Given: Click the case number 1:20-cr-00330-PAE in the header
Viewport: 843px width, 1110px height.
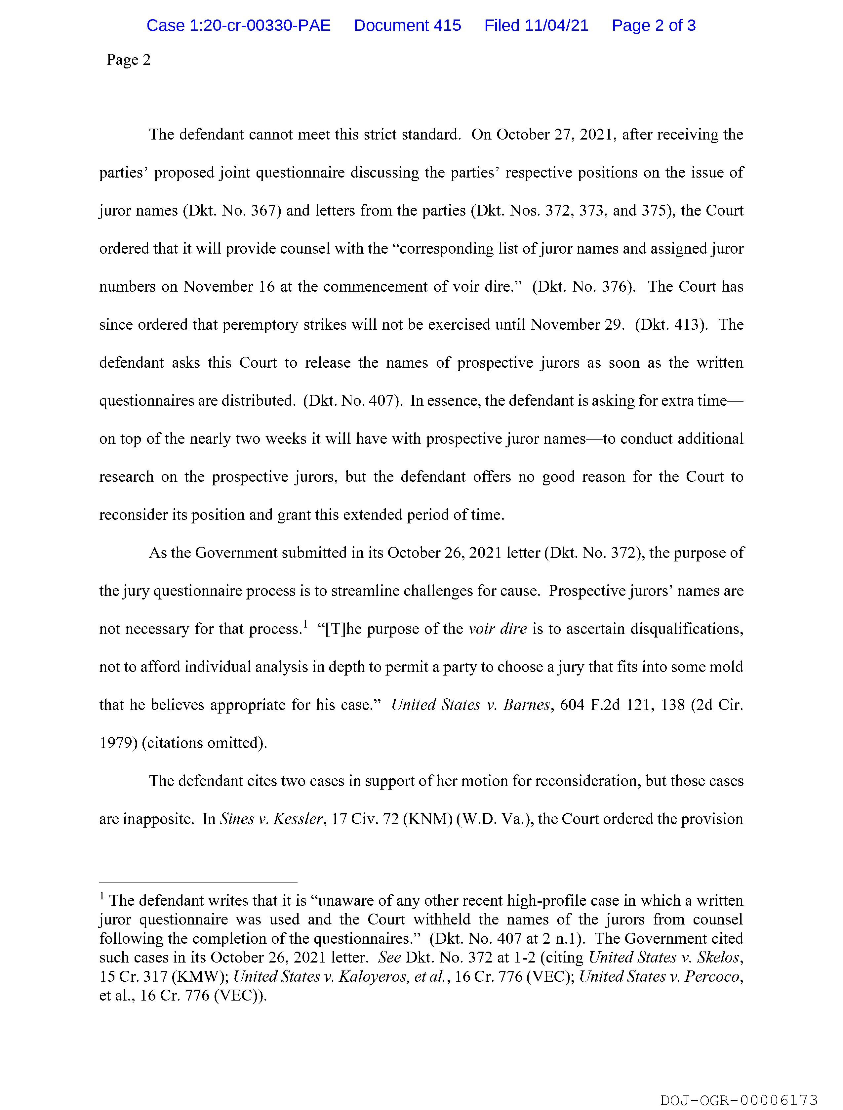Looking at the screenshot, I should pyautogui.click(x=238, y=25).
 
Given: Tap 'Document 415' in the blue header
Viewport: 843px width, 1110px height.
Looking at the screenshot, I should pyautogui.click(x=407, y=25).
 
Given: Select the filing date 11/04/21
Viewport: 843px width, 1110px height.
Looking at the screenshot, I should pyautogui.click(x=556, y=25).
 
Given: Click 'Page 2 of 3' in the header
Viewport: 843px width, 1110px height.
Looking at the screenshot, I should pyautogui.click(x=653, y=25).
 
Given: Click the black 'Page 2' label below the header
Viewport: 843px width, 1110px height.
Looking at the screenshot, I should pyautogui.click(x=129, y=60).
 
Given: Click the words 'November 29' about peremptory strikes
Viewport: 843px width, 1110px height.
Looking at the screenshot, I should pyautogui.click(x=577, y=325).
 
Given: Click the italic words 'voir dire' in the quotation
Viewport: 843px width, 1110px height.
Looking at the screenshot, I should pyautogui.click(x=497, y=629).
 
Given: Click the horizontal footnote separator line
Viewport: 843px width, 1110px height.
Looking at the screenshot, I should pyautogui.click(x=198, y=883).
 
